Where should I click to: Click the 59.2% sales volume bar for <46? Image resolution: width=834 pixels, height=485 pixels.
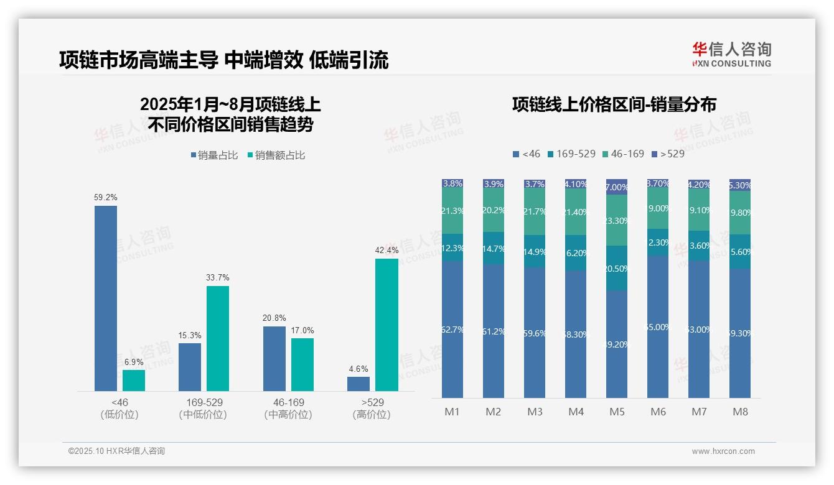click(x=106, y=298)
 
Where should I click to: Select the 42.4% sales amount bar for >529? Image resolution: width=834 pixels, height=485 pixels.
click(x=387, y=325)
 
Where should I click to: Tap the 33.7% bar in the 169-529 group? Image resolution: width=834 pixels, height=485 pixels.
click(x=218, y=338)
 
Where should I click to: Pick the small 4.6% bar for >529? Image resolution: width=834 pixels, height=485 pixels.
click(x=358, y=384)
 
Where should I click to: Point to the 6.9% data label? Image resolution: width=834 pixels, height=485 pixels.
click(x=134, y=362)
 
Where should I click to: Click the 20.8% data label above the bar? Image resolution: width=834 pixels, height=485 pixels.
click(x=274, y=318)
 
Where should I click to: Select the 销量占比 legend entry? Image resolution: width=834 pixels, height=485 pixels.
click(x=214, y=155)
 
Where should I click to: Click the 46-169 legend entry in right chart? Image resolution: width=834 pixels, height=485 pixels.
click(x=623, y=154)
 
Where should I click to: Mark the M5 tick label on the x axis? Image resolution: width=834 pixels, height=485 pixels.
click(x=617, y=412)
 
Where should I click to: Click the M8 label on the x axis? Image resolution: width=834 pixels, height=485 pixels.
click(x=740, y=412)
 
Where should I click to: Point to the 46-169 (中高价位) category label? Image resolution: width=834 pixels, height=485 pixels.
click(x=288, y=408)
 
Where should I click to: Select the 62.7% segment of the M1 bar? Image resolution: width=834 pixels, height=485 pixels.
click(x=452, y=330)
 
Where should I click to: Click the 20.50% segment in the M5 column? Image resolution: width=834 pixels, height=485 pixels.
click(x=617, y=268)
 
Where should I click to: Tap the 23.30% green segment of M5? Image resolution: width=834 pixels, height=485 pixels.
click(x=617, y=221)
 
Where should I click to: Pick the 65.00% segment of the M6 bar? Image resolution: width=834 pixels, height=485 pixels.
click(x=658, y=327)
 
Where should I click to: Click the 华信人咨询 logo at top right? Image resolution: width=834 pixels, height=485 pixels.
click(x=731, y=54)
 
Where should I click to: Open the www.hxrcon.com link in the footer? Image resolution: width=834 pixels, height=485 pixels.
click(x=723, y=451)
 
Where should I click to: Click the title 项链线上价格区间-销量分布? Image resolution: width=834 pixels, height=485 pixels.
click(x=614, y=104)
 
